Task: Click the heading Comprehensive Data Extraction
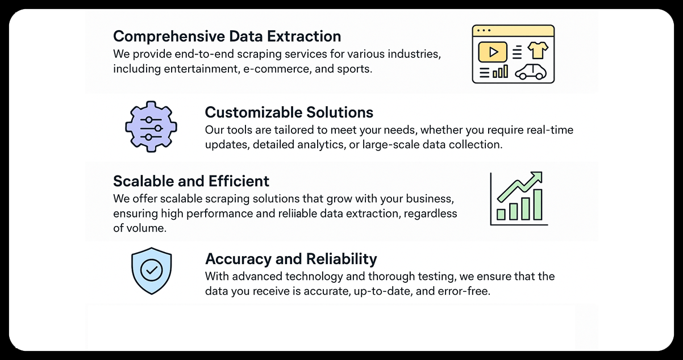(x=227, y=36)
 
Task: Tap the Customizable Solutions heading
(x=289, y=112)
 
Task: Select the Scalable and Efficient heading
(x=191, y=181)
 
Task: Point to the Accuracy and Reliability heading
(x=290, y=259)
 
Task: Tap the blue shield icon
(x=151, y=271)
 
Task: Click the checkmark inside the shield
(x=151, y=270)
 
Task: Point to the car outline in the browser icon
(x=531, y=72)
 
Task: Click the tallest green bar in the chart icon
(x=538, y=204)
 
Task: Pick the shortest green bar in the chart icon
(x=501, y=214)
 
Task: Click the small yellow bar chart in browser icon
(x=501, y=72)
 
